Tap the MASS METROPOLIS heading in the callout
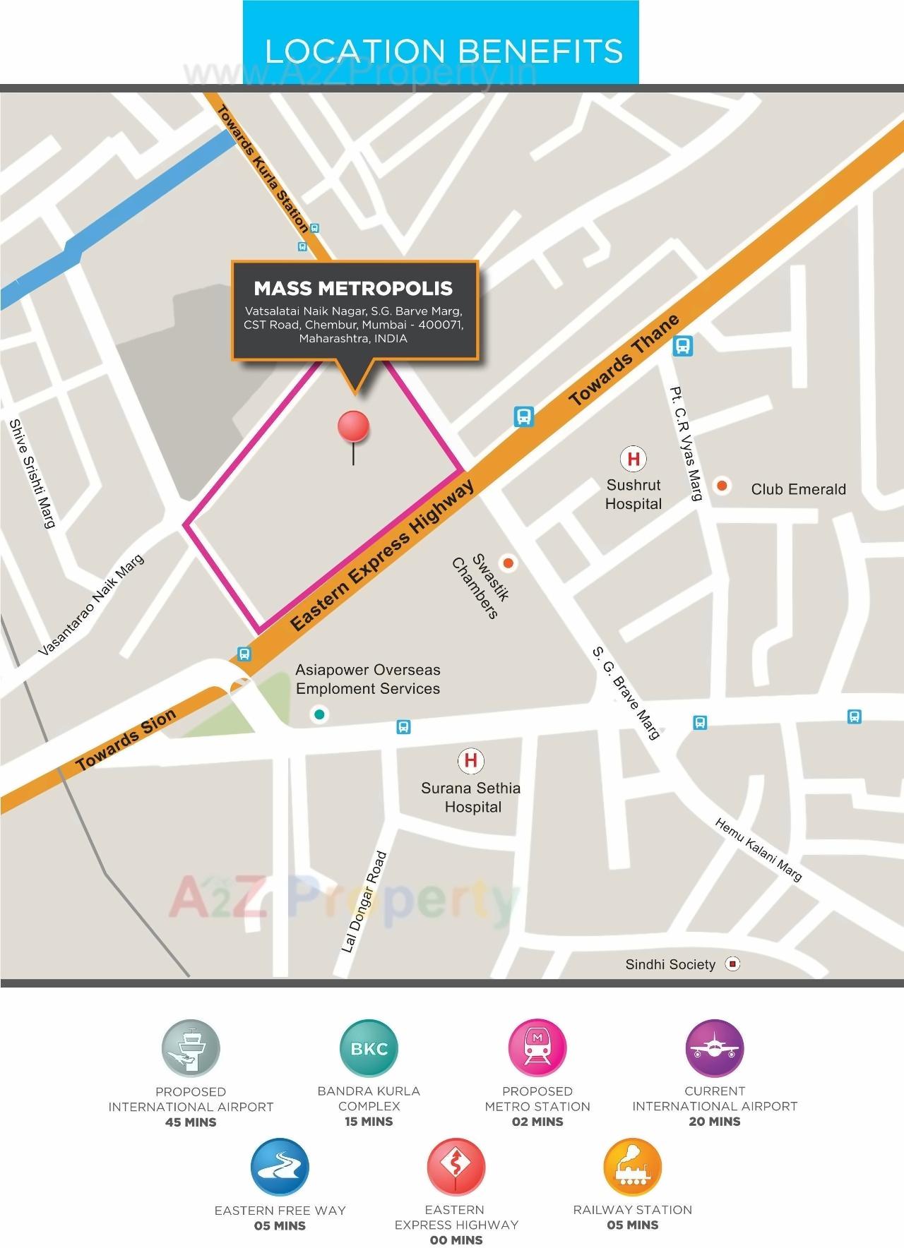(353, 288)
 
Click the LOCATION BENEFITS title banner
(444, 51)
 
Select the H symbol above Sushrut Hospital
(634, 459)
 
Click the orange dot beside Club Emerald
(722, 486)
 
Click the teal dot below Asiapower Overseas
(319, 715)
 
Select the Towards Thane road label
(624, 360)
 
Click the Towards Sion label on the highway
(126, 740)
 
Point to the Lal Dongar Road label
(364, 902)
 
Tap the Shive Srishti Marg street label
(32, 473)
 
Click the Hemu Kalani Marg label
(759, 849)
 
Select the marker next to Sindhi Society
(733, 964)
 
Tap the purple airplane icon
(715, 1048)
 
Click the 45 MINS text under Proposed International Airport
(191, 1122)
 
